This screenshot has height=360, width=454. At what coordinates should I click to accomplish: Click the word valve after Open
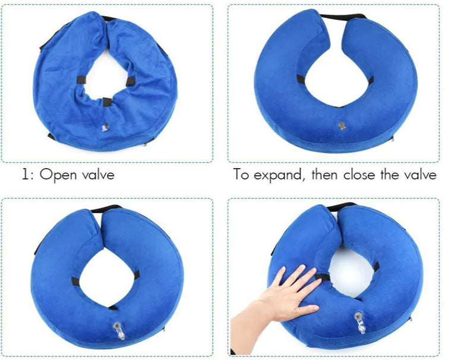(x=97, y=175)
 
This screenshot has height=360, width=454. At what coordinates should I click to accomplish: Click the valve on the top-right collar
(x=341, y=126)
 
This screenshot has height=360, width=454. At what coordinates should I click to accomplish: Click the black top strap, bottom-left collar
(x=106, y=209)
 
